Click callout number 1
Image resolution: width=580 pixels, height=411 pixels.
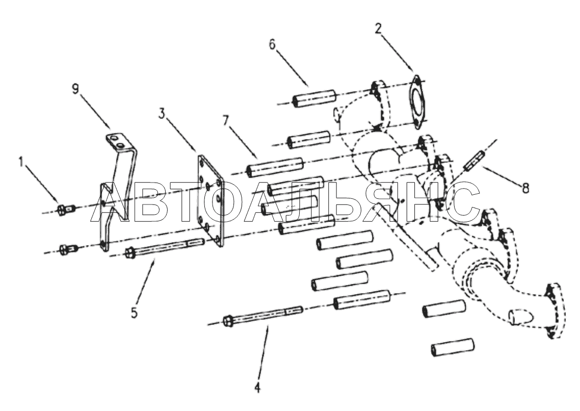pyautogui.click(x=21, y=162)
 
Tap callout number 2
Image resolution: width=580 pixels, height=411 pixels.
pyautogui.click(x=378, y=29)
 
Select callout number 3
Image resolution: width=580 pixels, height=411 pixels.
pyautogui.click(x=162, y=114)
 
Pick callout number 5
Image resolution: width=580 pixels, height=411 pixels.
pyautogui.click(x=134, y=313)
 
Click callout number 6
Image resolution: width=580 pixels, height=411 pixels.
pyautogui.click(x=272, y=44)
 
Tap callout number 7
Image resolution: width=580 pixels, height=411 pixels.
pyautogui.click(x=226, y=121)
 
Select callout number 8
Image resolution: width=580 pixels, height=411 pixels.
pyautogui.click(x=525, y=188)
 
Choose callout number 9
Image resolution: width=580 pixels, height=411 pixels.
pyautogui.click(x=75, y=89)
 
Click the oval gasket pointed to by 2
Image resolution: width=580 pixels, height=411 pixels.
pyautogui.click(x=417, y=102)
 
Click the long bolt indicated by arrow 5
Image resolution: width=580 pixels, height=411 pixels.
pyautogui.click(x=165, y=248)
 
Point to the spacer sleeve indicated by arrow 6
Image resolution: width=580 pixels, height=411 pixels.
pyautogui.click(x=314, y=98)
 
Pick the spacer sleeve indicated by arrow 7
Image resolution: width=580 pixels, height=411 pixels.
pyautogui.click(x=275, y=166)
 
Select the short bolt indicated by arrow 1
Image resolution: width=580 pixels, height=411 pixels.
pyautogui.click(x=67, y=210)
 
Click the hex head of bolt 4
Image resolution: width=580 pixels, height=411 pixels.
pyautogui.click(x=227, y=320)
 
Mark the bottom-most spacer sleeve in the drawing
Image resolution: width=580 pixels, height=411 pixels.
pyautogui.click(x=453, y=347)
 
